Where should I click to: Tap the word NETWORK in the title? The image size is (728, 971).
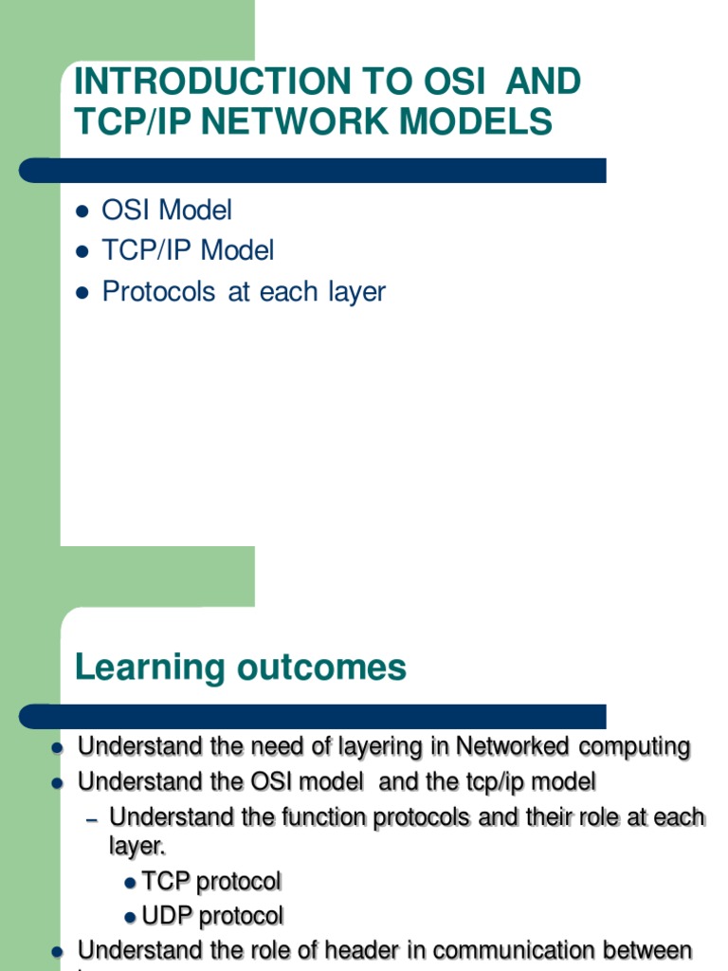click(291, 121)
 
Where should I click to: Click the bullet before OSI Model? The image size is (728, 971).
click(82, 211)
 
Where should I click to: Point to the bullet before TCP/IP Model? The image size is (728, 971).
click(82, 251)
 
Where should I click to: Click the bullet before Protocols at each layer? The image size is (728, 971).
click(82, 292)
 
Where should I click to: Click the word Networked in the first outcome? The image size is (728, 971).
click(513, 746)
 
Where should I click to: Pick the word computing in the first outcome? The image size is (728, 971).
click(634, 746)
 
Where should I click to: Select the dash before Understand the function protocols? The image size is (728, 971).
click(92, 817)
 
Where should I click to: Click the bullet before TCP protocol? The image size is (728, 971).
click(131, 883)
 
